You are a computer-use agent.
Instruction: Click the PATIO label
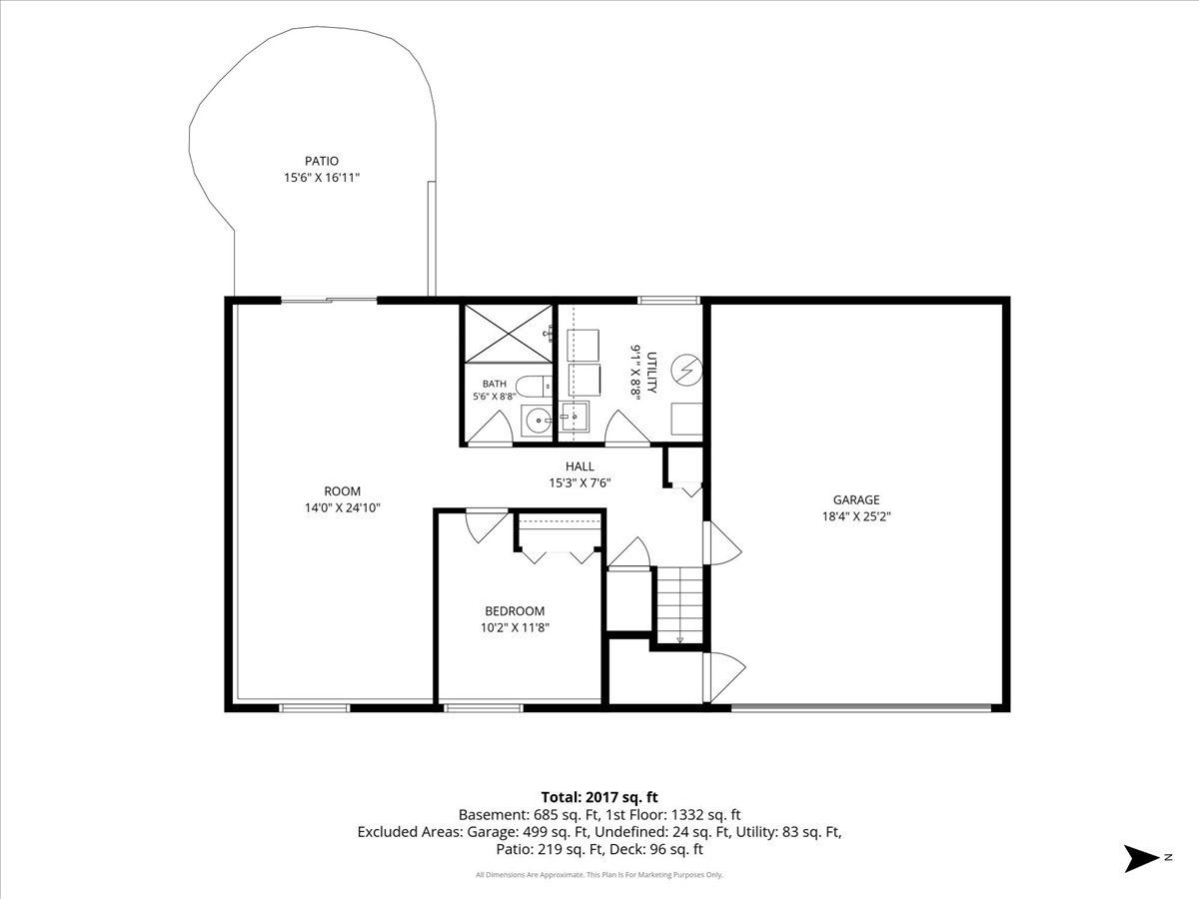(321, 161)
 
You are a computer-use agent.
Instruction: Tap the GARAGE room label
(856, 499)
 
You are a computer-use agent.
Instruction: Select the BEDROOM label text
(515, 610)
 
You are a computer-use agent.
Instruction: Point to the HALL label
(580, 466)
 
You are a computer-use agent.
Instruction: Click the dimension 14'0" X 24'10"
(343, 507)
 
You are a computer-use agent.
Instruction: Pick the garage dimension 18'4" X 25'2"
(856, 516)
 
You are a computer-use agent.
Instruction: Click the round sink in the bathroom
(537, 421)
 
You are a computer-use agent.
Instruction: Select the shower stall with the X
(509, 334)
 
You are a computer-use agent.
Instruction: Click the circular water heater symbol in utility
(686, 371)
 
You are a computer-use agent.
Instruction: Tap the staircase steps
(679, 604)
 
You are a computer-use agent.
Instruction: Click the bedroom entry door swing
(486, 525)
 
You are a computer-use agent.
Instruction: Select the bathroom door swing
(491, 429)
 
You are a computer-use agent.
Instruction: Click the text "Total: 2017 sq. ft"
(599, 797)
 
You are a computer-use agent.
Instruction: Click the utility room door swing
(627, 428)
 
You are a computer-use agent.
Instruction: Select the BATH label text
(495, 384)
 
